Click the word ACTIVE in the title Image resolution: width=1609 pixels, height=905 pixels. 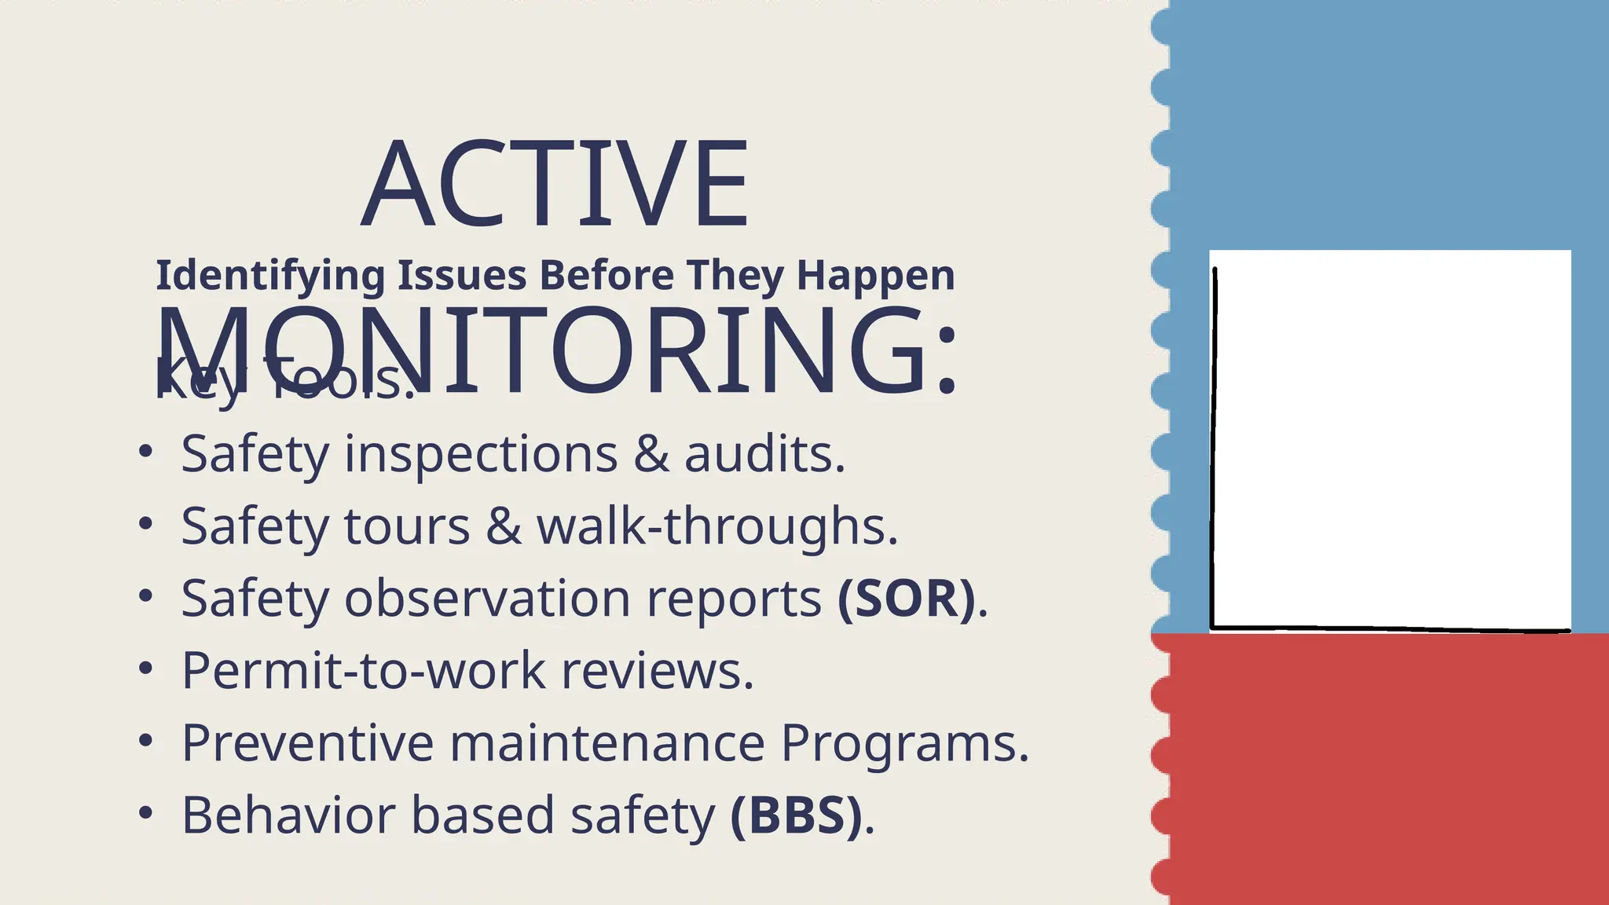(555, 185)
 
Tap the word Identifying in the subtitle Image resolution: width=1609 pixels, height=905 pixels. (270, 276)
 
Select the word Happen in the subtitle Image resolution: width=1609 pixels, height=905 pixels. (875, 276)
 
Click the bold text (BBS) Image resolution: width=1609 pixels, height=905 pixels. (796, 815)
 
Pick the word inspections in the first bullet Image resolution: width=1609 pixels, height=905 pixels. (481, 455)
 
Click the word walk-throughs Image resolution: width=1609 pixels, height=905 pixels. (717, 526)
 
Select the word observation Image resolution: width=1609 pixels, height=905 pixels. (487, 599)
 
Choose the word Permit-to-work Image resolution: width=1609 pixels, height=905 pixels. (363, 671)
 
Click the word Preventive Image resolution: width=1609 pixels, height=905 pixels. (307, 743)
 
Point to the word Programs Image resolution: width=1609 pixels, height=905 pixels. (903, 743)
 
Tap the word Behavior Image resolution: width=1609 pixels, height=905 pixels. (288, 815)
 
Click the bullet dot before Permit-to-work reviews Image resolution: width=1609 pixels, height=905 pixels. (145, 669)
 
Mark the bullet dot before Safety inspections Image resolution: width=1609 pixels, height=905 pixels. (145, 452)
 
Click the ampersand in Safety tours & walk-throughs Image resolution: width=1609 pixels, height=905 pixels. (503, 526)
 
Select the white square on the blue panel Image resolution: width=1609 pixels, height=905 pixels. (1390, 440)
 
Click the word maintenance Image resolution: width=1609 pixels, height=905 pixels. (607, 743)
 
